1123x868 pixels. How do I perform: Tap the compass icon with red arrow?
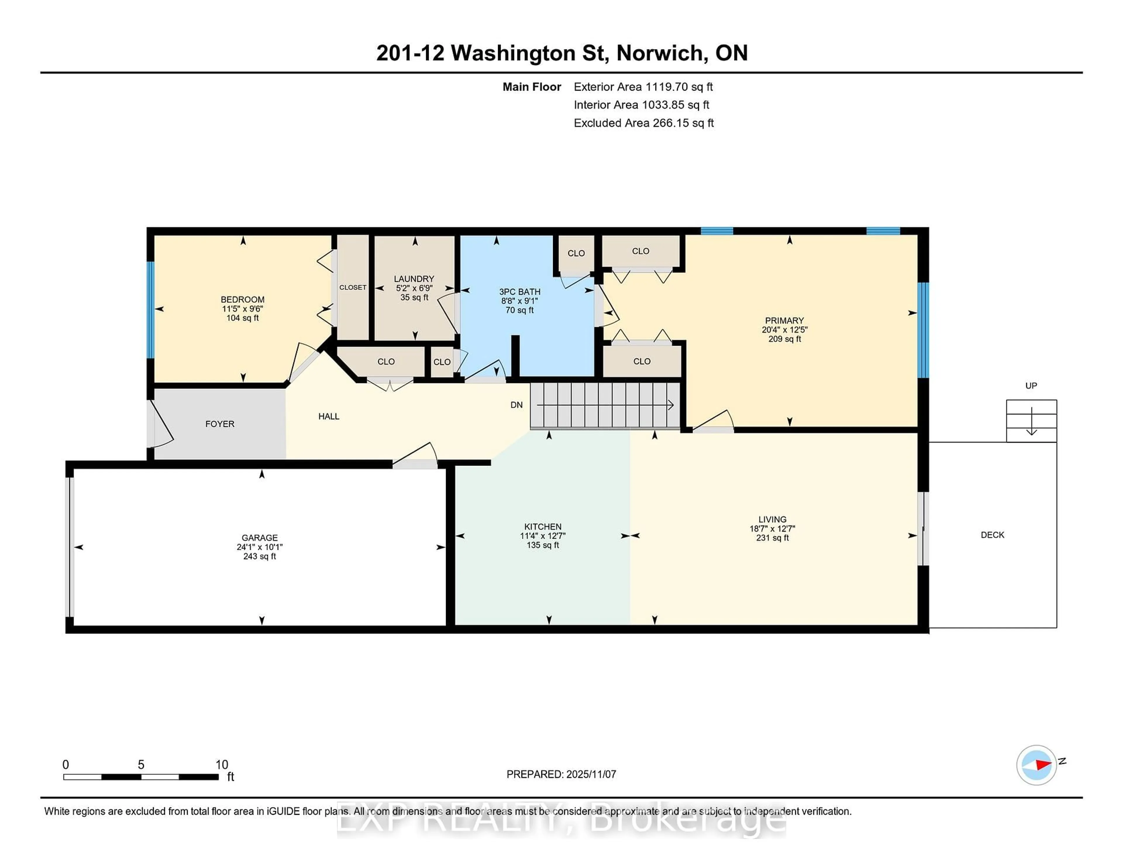coord(1036,765)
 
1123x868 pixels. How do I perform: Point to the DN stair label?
coord(516,405)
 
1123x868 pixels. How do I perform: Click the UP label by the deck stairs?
coord(1031,386)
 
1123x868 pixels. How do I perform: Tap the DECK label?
coord(992,535)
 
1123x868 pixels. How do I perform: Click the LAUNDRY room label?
coord(414,279)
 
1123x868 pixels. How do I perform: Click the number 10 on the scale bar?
coord(222,765)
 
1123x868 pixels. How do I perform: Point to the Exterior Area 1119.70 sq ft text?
coord(643,87)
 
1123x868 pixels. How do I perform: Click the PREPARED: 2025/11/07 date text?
coord(561,774)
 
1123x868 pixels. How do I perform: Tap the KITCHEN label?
coord(542,526)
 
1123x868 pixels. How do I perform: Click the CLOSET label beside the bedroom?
coord(353,287)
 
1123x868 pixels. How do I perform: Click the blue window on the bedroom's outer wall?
coord(150,309)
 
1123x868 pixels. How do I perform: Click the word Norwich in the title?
coord(660,53)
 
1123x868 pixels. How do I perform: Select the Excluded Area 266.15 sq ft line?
coord(643,123)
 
